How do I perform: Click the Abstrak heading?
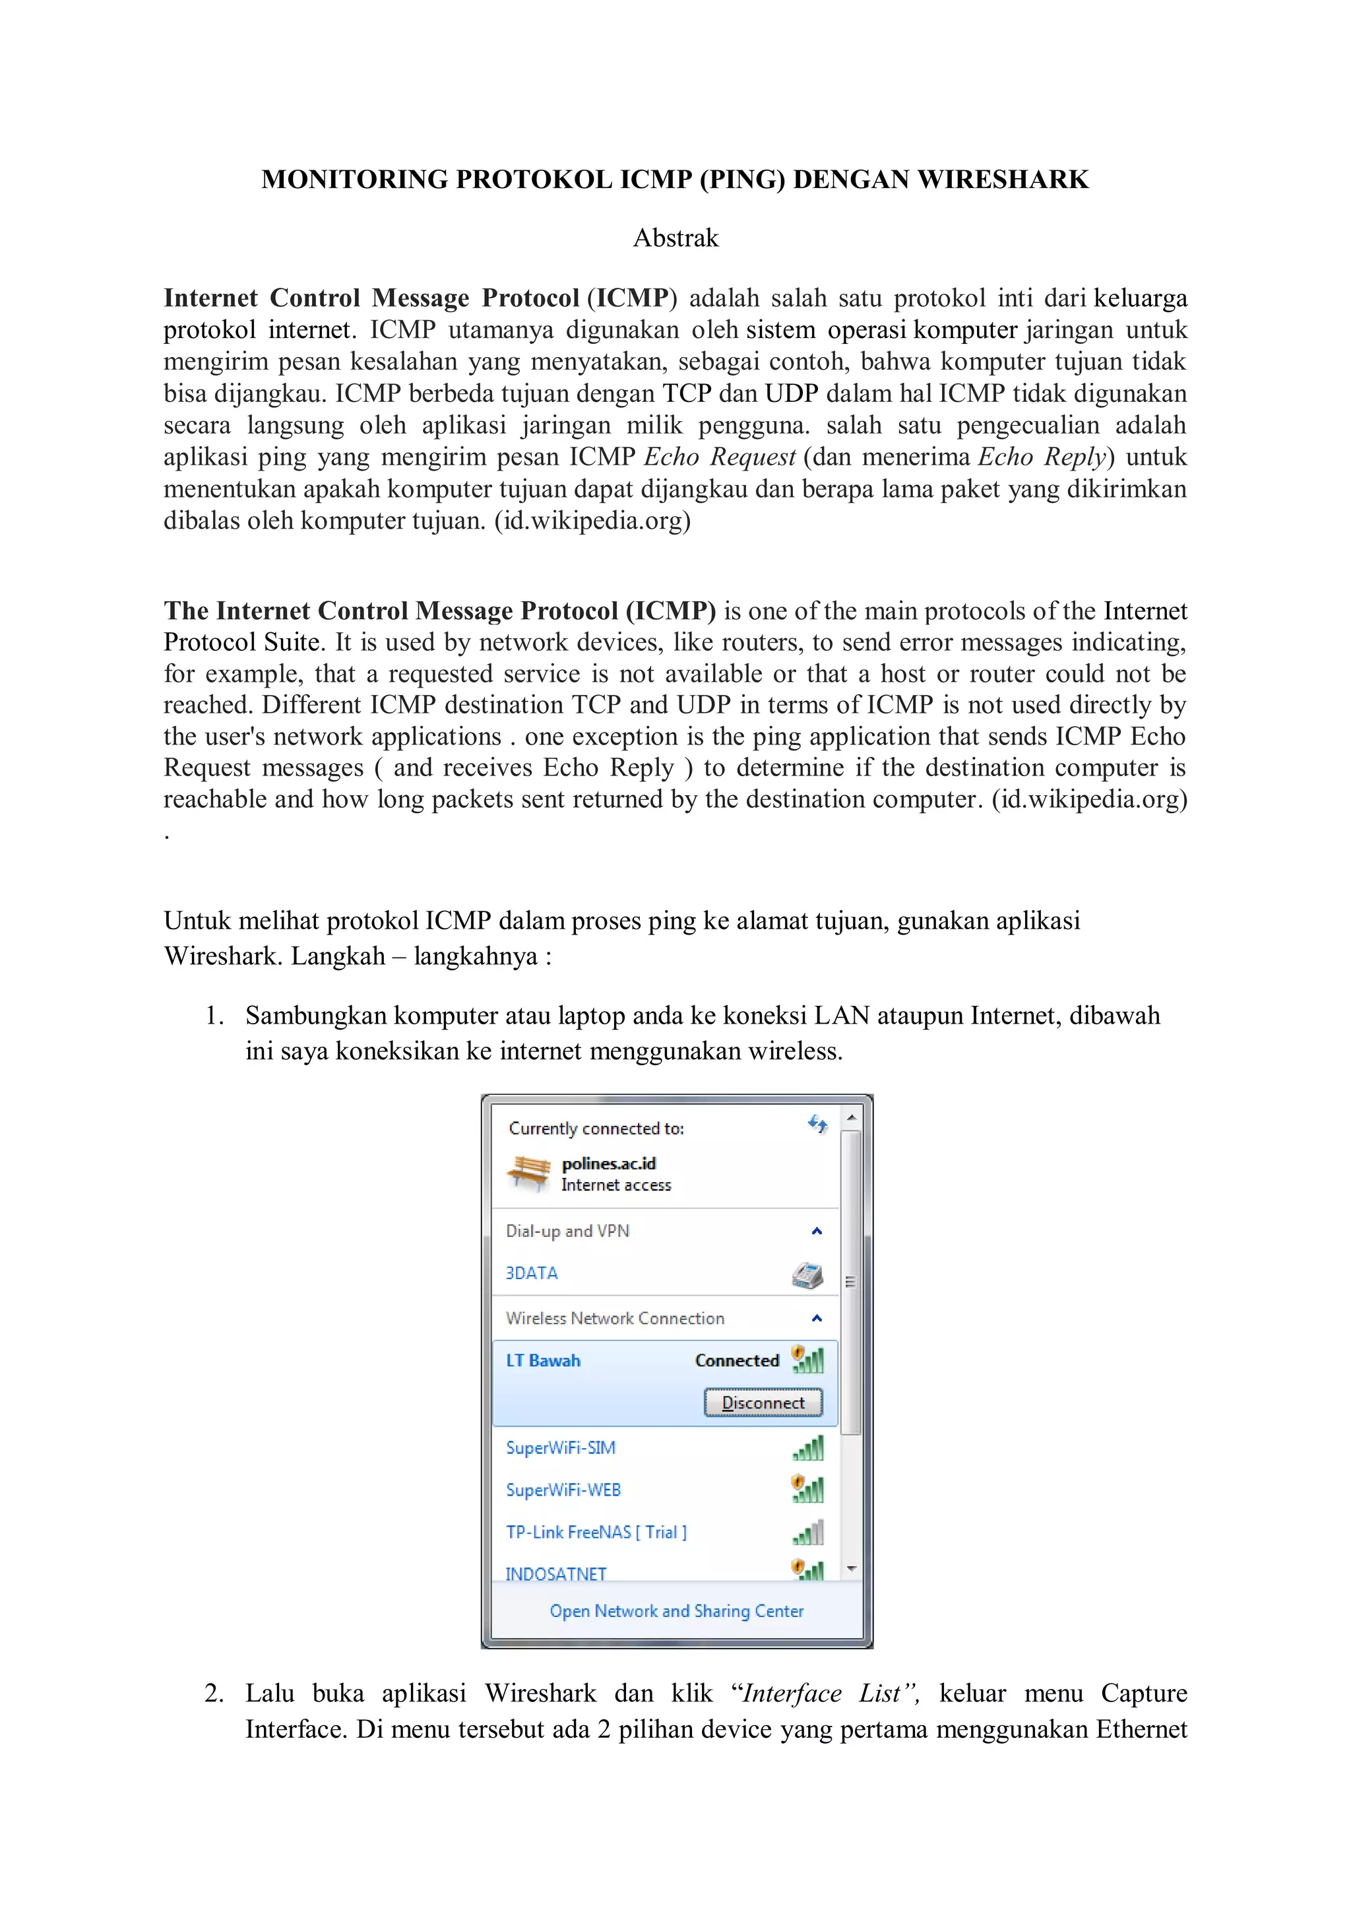point(675,238)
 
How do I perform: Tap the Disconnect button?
point(763,1402)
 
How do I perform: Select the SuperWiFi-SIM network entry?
point(560,1447)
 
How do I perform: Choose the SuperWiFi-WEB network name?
point(563,1490)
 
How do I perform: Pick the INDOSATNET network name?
point(555,1573)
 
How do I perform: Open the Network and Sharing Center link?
point(676,1610)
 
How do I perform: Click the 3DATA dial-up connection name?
point(531,1273)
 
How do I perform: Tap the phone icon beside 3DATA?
point(807,1274)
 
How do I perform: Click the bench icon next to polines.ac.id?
point(528,1173)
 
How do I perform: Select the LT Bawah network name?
point(543,1360)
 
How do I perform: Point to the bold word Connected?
point(737,1360)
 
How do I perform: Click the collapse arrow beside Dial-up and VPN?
point(817,1231)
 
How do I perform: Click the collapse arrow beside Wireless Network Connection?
point(817,1317)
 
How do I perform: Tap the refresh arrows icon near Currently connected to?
point(817,1125)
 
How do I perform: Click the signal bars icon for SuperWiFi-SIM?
point(808,1448)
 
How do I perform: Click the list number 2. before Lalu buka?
point(214,1693)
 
